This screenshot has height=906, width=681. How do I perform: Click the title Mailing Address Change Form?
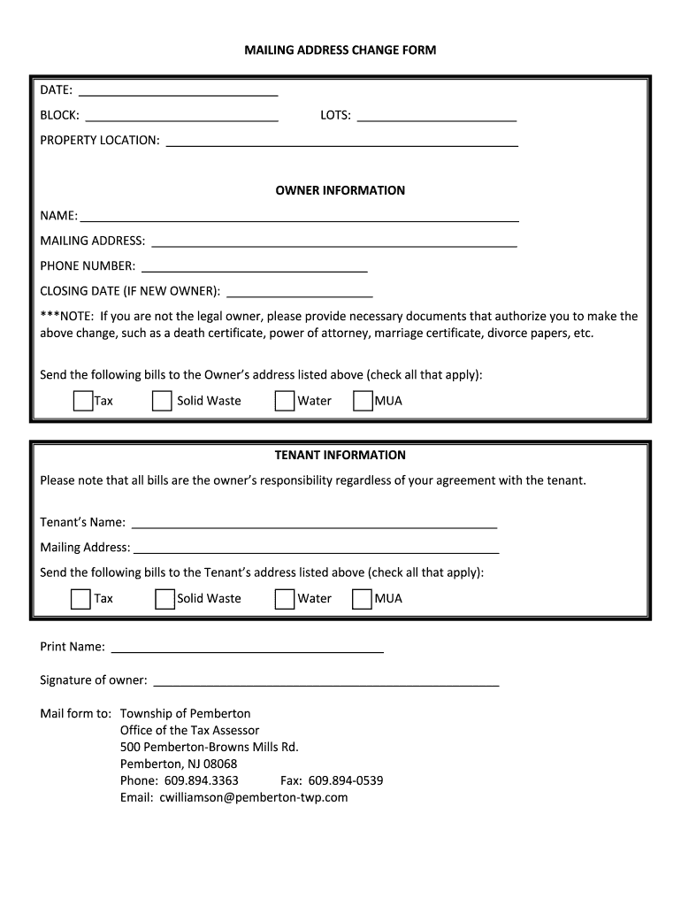(x=340, y=50)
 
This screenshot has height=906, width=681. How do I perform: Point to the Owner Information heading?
(x=340, y=190)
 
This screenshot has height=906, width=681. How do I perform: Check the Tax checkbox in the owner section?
(x=83, y=401)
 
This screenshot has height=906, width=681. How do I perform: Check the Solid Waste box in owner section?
(x=162, y=401)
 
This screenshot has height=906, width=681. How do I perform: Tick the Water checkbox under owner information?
(x=284, y=401)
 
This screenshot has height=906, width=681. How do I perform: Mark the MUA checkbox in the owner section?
(x=363, y=401)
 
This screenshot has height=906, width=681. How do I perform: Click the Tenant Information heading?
(x=340, y=455)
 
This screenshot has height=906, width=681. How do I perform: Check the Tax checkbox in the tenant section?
(x=81, y=599)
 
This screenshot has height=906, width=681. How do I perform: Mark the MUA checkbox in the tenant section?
(x=362, y=599)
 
